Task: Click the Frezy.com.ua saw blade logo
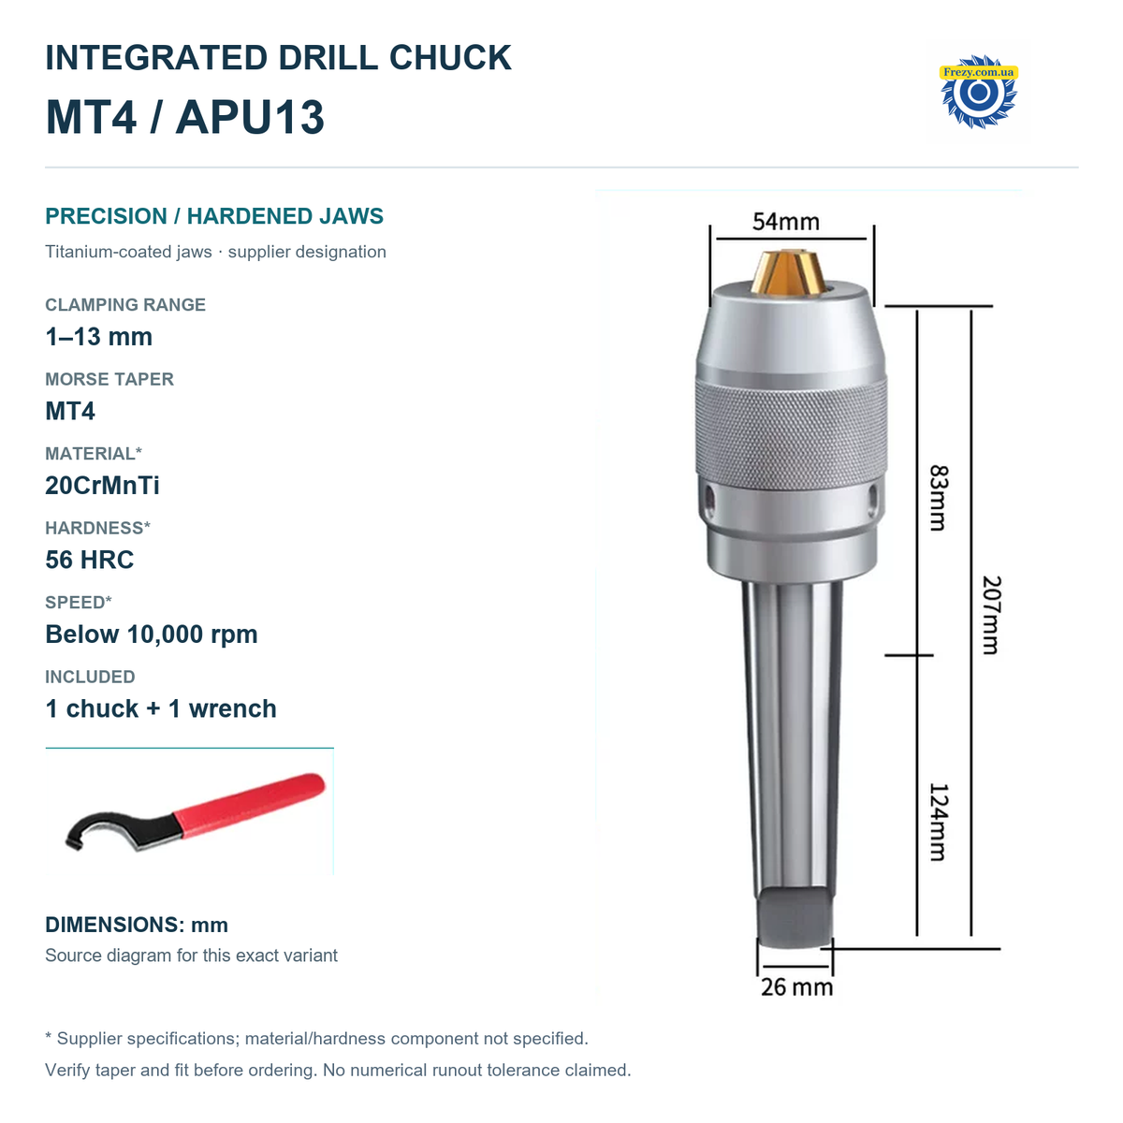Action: pyautogui.click(x=979, y=91)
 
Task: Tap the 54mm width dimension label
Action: pyautogui.click(x=785, y=222)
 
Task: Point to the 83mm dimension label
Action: pyautogui.click(x=939, y=498)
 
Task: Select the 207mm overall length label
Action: pyautogui.click(x=992, y=615)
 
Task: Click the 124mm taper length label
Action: pyautogui.click(x=939, y=823)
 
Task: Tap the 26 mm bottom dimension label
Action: pyautogui.click(x=796, y=987)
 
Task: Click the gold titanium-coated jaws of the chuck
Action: pyautogui.click(x=788, y=271)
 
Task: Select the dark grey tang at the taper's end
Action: pyautogui.click(x=795, y=916)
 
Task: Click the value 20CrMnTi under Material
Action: pyautogui.click(x=102, y=486)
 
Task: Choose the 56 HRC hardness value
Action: pyautogui.click(x=89, y=560)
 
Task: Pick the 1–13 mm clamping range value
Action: pyautogui.click(x=98, y=336)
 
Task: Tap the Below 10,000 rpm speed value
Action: pyautogui.click(x=151, y=634)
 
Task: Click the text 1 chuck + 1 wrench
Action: pyautogui.click(x=161, y=708)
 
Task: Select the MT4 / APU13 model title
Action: pyautogui.click(x=184, y=117)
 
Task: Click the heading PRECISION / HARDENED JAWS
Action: pyautogui.click(x=214, y=215)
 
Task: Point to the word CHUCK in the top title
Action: pyautogui.click(x=450, y=58)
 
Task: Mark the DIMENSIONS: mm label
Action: pyautogui.click(x=137, y=925)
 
